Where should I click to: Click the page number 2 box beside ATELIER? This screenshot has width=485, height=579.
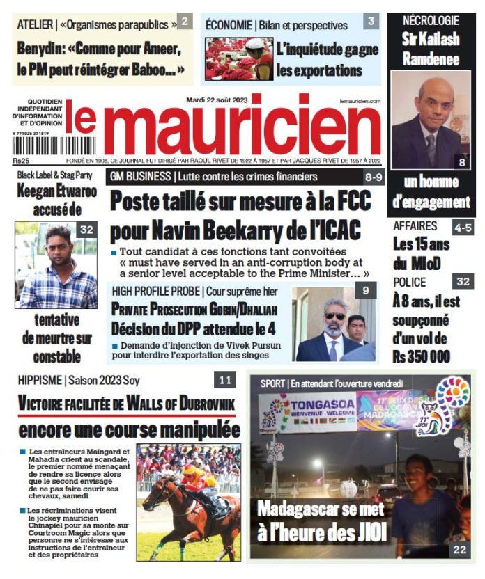[x=184, y=22]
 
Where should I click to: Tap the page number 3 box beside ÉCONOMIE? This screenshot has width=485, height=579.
[x=371, y=22]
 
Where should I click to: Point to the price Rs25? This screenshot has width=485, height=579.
[x=22, y=161]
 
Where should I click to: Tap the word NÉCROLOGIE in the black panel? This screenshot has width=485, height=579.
[x=431, y=21]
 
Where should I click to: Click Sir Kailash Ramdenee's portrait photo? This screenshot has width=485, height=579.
[x=431, y=118]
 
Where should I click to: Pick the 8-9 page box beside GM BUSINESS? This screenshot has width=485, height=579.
[x=373, y=177]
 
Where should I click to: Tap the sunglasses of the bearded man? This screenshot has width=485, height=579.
[x=335, y=316]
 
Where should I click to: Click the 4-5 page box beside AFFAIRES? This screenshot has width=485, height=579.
[x=462, y=227]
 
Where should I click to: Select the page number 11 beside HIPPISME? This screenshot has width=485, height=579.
[x=224, y=380]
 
